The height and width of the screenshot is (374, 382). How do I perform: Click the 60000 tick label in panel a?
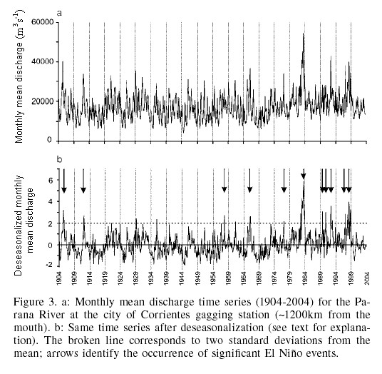point(43,22)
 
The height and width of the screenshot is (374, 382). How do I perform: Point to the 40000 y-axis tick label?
point(43,61)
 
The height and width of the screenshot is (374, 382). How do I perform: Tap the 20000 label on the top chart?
point(43,101)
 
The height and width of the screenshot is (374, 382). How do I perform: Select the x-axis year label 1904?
point(59,278)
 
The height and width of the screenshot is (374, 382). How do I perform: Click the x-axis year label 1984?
point(305,278)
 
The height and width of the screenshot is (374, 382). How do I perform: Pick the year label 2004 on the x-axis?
point(366,278)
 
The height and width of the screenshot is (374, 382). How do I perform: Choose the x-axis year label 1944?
point(182,278)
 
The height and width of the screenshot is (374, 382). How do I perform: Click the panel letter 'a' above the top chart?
point(59,13)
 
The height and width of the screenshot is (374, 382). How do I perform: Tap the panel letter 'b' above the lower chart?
point(59,159)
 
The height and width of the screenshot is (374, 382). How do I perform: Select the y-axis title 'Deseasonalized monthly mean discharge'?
point(24,225)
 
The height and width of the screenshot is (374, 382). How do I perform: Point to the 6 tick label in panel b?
point(51,180)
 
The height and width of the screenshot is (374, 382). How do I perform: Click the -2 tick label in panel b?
point(48,265)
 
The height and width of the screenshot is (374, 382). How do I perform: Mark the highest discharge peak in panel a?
point(304,34)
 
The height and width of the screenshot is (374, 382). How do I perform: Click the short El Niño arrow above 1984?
point(304,173)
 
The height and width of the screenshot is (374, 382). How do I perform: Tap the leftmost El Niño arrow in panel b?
point(64,181)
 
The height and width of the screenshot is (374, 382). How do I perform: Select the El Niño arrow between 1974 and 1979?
point(284,181)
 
